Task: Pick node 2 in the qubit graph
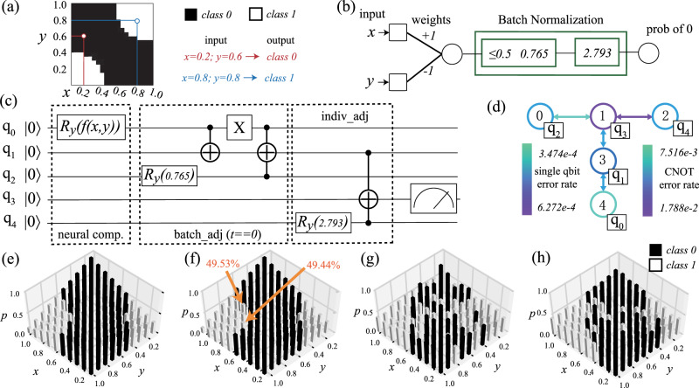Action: pos(660,115)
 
